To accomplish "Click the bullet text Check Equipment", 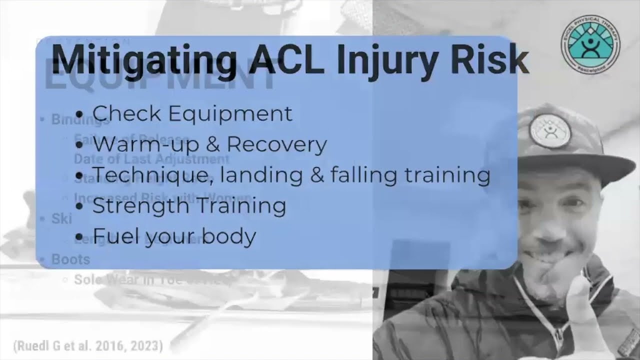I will click(192, 113).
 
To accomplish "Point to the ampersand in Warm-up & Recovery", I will click(212, 144).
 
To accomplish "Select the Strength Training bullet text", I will click(189, 205).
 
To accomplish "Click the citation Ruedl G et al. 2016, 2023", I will click(88, 345).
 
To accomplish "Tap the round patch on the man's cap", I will click(549, 130).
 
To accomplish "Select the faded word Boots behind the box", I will click(70, 259).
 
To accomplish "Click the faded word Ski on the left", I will click(61, 218).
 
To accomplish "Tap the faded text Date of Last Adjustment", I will click(151, 159).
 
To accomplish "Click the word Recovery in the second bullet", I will click(276, 144).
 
